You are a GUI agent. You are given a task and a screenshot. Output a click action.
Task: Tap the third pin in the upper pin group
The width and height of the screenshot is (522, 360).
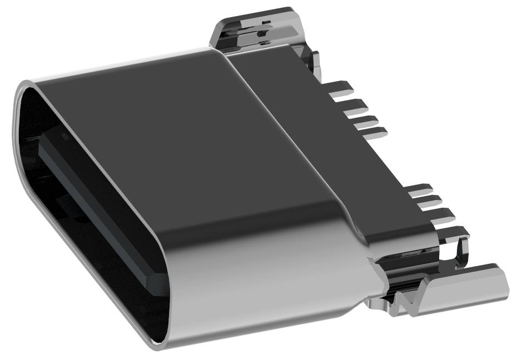(364, 120)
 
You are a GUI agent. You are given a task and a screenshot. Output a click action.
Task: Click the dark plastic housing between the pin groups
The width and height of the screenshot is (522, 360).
(389, 161)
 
